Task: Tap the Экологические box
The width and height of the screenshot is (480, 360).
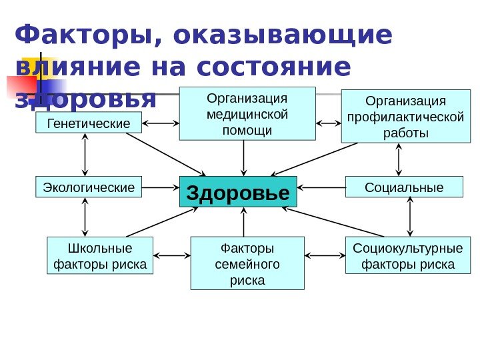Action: point(89,187)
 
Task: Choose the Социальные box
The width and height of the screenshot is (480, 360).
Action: point(404,187)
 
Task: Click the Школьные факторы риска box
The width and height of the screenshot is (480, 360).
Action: point(100,257)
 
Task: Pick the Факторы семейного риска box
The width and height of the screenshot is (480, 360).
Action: point(247,264)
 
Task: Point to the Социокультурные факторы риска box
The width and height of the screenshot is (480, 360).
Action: point(408,257)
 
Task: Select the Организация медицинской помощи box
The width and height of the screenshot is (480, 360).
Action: point(247,113)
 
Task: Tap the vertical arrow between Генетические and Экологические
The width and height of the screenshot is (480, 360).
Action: point(85,155)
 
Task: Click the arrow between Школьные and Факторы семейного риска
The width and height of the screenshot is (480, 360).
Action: point(172,255)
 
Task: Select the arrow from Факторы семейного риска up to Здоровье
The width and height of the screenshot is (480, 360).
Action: point(244,222)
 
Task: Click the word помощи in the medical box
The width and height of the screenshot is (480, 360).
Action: point(247,130)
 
